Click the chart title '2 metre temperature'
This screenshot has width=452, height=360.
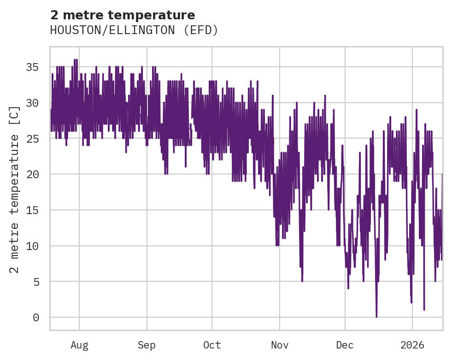coord(123,15)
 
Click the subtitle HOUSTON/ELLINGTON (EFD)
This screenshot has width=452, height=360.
coord(134,30)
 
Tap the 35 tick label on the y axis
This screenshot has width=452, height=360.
coord(32,67)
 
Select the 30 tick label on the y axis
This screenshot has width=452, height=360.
coord(32,103)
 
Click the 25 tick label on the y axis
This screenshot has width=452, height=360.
coord(32,139)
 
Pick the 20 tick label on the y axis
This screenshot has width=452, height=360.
coord(32,174)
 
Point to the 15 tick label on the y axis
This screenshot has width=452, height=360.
coord(32,210)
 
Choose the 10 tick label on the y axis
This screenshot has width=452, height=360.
coord(32,246)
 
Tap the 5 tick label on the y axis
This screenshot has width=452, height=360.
coord(35,282)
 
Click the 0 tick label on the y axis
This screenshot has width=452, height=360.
coord(35,317)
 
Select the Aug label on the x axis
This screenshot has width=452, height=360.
coord(79,345)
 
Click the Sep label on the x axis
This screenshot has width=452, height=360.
coord(147,345)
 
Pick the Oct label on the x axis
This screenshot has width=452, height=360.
coord(212,345)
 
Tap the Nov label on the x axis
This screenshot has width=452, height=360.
coord(280,345)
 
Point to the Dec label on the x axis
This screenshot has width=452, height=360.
coord(345,345)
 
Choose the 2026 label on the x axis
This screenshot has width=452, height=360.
coord(412,345)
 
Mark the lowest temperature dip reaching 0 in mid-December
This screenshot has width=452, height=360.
coord(376,316)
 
